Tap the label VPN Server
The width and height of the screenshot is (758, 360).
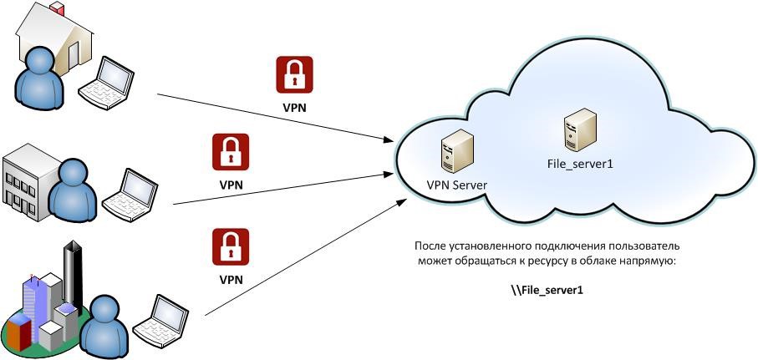456,185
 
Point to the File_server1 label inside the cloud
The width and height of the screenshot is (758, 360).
575,165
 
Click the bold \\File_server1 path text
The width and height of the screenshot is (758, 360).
547,290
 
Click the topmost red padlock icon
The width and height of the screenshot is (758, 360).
294,75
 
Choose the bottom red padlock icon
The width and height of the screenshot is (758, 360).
231,247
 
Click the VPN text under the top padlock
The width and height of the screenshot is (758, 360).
294,109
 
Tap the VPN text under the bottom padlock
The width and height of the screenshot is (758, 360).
231,280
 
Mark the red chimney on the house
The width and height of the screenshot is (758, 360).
57,8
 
